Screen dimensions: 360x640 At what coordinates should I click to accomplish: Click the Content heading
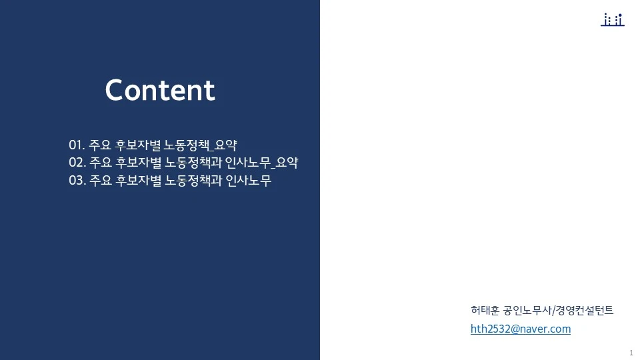pyautogui.click(x=160, y=91)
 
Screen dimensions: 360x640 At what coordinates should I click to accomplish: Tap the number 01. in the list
pyautogui.click(x=77, y=145)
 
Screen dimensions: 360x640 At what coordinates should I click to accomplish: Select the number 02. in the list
pyautogui.click(x=77, y=163)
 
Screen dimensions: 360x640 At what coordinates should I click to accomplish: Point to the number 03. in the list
pyautogui.click(x=77, y=181)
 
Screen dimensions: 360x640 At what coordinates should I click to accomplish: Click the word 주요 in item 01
pyautogui.click(x=100, y=145)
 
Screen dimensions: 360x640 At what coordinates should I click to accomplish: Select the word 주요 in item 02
pyautogui.click(x=100, y=163)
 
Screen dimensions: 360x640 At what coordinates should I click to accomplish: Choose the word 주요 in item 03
pyautogui.click(x=100, y=181)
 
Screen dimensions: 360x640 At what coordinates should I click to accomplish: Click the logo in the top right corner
pyautogui.click(x=612, y=20)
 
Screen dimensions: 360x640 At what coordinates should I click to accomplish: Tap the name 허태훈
pyautogui.click(x=485, y=310)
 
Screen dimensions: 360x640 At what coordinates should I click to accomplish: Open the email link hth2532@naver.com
pyautogui.click(x=520, y=329)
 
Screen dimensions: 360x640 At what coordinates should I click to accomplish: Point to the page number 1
pyautogui.click(x=631, y=352)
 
